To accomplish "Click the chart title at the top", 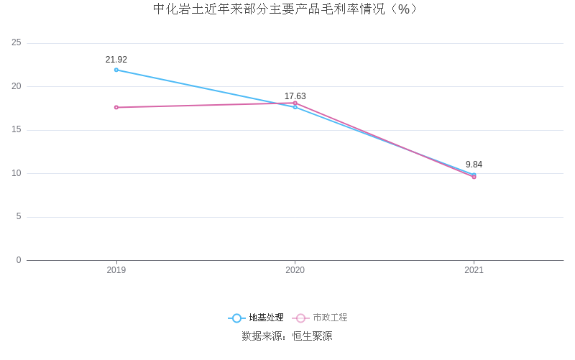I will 285,9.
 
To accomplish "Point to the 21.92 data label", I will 116,60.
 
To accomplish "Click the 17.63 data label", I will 295,96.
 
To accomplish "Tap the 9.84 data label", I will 474,165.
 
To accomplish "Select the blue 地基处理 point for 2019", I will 116,70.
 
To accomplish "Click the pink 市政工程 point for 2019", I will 116,107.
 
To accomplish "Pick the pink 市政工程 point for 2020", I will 295,103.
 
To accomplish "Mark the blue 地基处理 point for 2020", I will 295,107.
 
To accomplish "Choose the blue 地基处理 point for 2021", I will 474,175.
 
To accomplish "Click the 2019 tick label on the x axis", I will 116,270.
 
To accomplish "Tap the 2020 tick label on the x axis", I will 295,270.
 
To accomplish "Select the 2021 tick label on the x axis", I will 474,270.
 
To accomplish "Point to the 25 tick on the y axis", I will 17,43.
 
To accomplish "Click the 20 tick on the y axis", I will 17,86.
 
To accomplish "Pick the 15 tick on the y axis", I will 17,130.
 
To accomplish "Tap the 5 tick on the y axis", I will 19,216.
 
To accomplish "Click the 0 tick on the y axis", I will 19,260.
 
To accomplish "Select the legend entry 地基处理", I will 257,318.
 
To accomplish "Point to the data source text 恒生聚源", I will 312,336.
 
